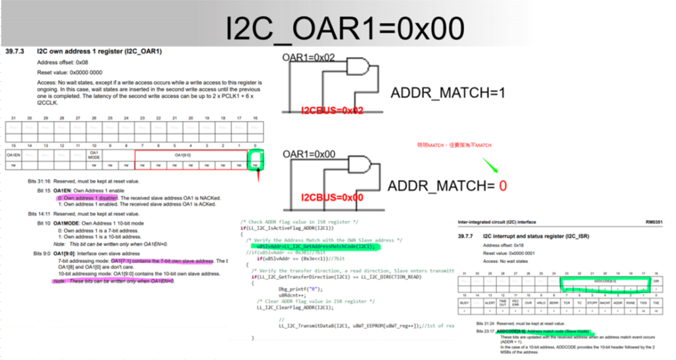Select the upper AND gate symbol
click(359, 68)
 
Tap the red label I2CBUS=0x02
click(332, 110)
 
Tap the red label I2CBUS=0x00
click(332, 198)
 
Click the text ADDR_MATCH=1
click(448, 93)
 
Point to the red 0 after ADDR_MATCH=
click(503, 186)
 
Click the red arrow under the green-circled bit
click(258, 176)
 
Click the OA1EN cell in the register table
click(13, 154)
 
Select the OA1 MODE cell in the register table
click(94, 154)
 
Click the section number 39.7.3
click(15, 51)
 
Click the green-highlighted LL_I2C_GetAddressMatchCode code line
click(318, 246)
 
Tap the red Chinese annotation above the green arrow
click(454, 145)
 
